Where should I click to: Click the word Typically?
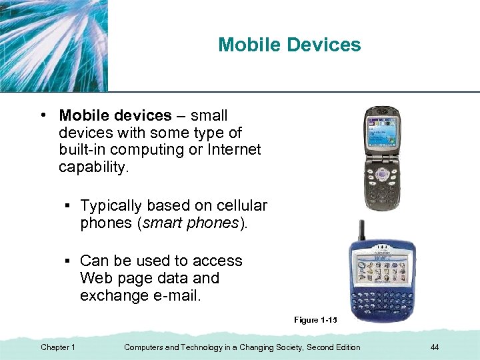(116, 205)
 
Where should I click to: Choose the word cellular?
(239, 205)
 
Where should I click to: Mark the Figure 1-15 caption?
(315, 320)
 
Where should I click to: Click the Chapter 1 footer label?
(58, 347)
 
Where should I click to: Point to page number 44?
(435, 347)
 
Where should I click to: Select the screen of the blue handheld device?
(382, 271)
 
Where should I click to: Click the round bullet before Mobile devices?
(42, 115)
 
